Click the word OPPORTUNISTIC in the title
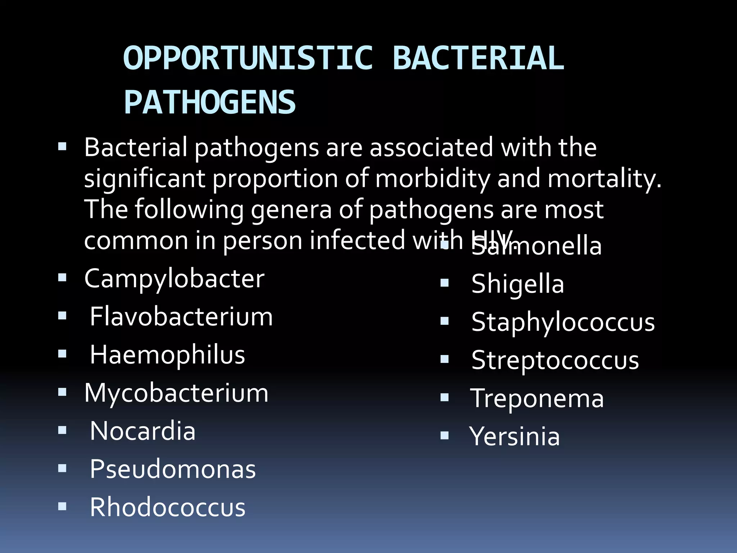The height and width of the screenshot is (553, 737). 248,58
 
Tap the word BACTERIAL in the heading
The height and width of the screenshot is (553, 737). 478,58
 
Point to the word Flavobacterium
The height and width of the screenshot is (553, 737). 181,317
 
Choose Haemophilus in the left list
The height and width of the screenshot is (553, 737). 167,355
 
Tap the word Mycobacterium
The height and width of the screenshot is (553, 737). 176,393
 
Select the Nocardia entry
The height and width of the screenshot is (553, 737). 143,431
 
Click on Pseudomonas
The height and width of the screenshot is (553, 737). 173,469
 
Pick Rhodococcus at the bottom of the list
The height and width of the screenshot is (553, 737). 167,507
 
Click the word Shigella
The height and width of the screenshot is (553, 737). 517,284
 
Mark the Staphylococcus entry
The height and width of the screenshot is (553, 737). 563,322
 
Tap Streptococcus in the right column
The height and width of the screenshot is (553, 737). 555,360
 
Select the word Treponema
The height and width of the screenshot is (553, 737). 537,399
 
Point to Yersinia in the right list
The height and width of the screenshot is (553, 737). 515,436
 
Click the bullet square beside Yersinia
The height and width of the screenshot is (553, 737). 445,436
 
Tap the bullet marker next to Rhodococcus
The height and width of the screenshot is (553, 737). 62,507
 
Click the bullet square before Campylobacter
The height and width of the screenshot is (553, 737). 62,278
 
